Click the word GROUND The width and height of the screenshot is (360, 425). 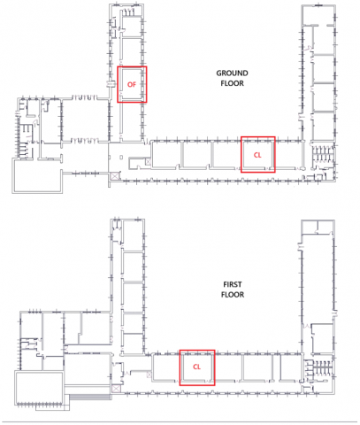point(232,73)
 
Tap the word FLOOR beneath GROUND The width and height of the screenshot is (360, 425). point(233,83)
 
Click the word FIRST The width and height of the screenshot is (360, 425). point(233,284)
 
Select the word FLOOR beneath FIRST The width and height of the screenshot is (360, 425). point(233,295)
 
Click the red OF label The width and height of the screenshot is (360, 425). point(132,85)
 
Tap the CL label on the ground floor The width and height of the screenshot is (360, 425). point(257,155)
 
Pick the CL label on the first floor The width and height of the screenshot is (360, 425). point(196,367)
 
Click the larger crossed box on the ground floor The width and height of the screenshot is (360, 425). point(114,176)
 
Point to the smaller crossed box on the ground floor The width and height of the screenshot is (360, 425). point(148,161)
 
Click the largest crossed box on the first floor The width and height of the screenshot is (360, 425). point(116,389)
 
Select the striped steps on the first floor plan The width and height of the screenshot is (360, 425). point(90,397)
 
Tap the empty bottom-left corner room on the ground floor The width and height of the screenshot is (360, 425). point(37,176)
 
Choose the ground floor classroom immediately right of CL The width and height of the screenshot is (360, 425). point(288,155)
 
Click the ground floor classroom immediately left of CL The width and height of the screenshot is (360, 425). point(226,155)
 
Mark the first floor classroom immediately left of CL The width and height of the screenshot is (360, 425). point(166,367)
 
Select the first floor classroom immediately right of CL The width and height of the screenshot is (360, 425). point(227,367)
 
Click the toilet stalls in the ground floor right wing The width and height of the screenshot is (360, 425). point(323,154)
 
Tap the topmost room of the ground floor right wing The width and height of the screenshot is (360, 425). point(318,15)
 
